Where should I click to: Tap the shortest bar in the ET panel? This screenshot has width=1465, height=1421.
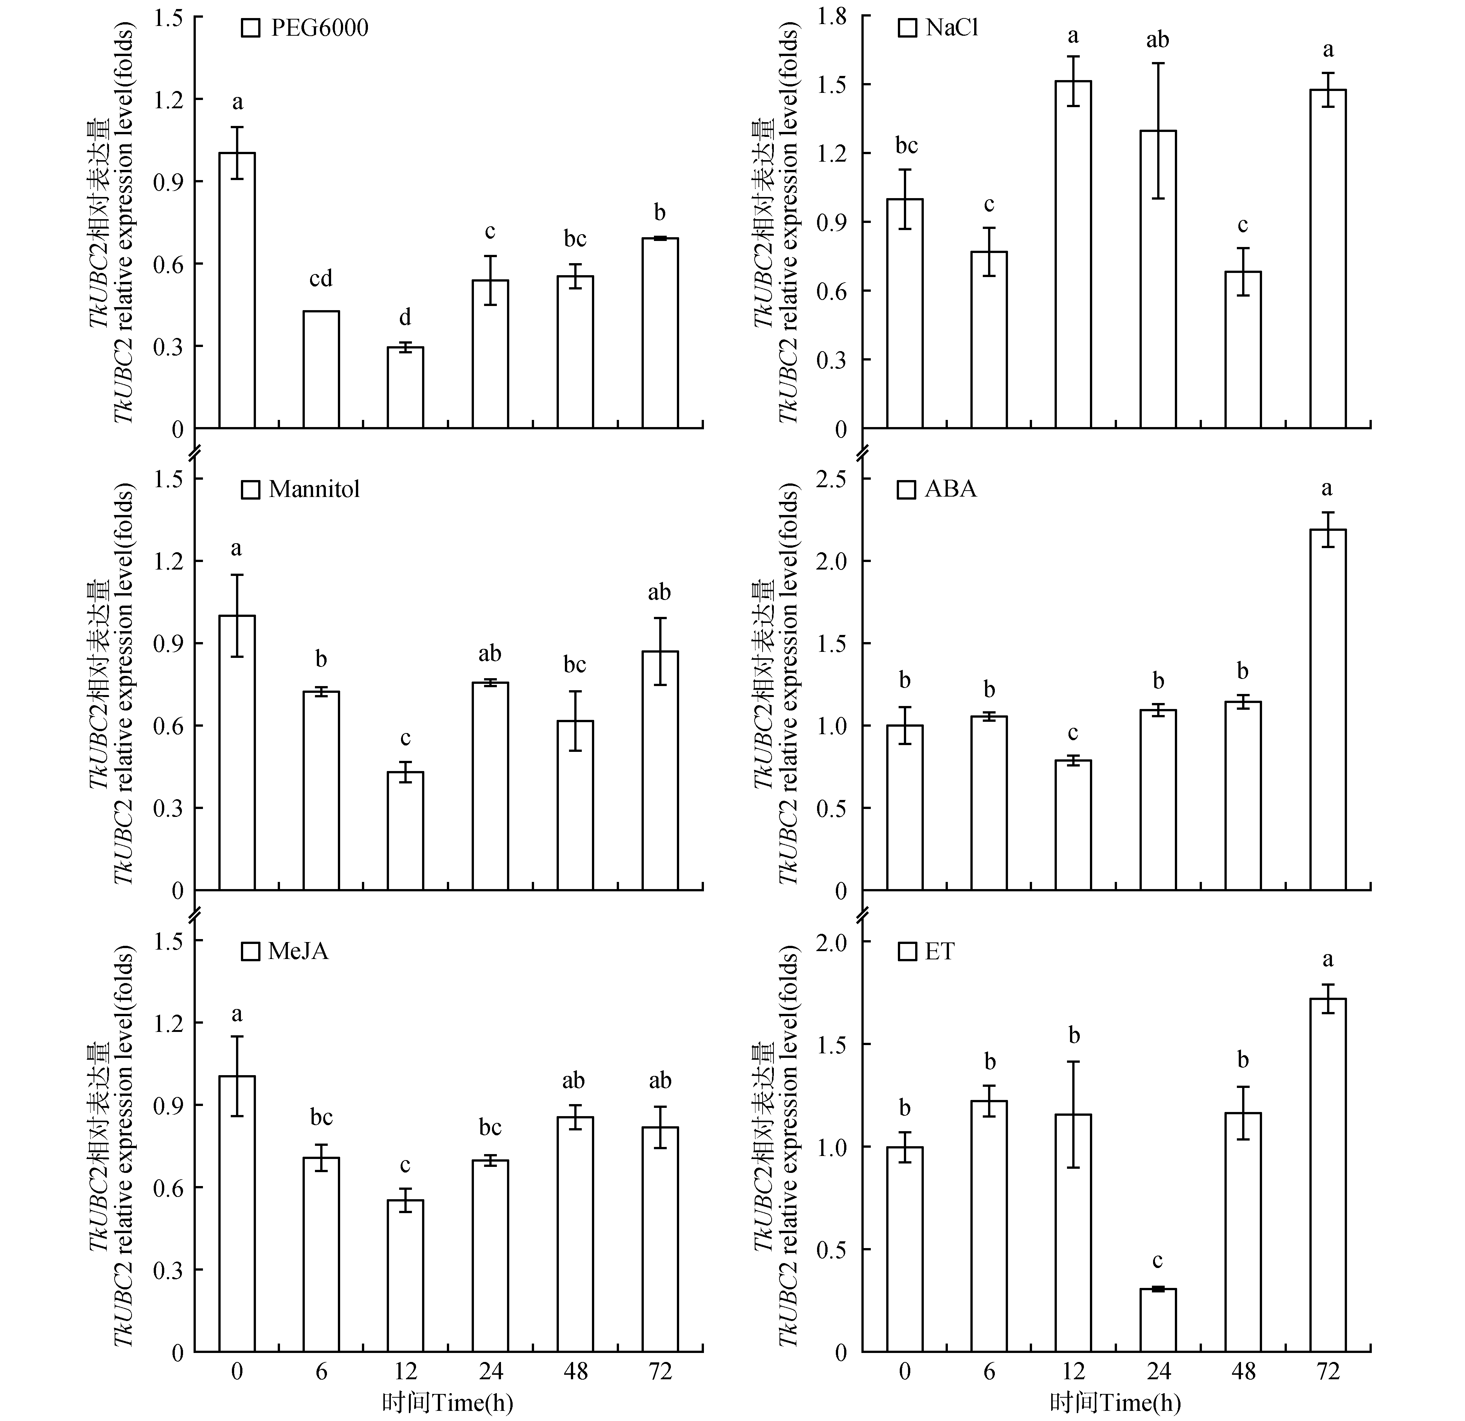[x=1158, y=1319]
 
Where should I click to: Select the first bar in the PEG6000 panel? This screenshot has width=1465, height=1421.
[x=237, y=290]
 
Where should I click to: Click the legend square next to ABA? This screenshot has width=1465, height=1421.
[x=907, y=489]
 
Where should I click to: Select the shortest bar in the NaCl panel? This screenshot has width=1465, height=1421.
[x=1242, y=350]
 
